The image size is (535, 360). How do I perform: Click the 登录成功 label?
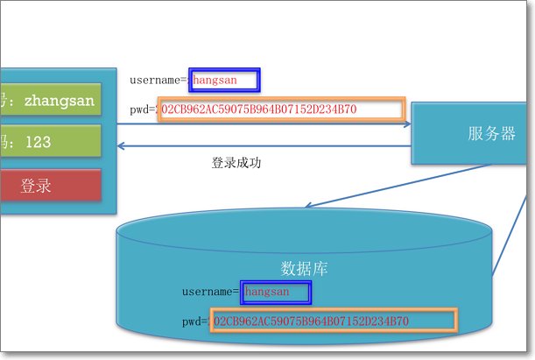[x=236, y=163]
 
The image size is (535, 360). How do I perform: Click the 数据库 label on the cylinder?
[x=305, y=267]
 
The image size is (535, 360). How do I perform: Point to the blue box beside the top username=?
[x=226, y=81]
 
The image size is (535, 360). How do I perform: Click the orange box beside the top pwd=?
[x=281, y=109]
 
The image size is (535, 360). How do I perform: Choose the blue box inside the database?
[x=277, y=291]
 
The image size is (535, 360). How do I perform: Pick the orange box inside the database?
[x=334, y=321]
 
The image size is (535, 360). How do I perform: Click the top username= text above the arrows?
[x=158, y=81]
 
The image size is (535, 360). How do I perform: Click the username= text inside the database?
[x=211, y=291]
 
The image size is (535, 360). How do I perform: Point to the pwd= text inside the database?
[x=194, y=321]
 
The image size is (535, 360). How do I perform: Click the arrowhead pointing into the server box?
[x=407, y=125]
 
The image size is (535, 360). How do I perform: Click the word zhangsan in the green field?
[x=60, y=100]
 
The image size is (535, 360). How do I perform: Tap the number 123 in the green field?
[x=38, y=141]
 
